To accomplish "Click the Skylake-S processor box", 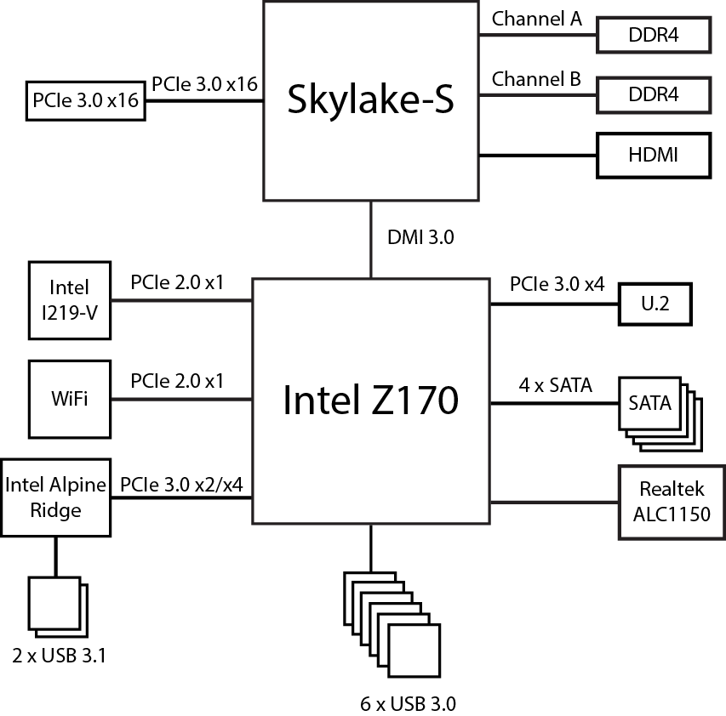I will (x=370, y=100).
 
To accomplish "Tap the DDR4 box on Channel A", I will (x=654, y=35).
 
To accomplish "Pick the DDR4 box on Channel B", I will (x=654, y=94).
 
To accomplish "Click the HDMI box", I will (x=654, y=155).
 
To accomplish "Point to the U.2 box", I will (x=654, y=304).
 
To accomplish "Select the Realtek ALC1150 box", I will (x=672, y=502).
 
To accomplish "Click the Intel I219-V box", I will (x=70, y=300).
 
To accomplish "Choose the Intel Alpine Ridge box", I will (x=56, y=497).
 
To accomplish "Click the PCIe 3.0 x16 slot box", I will (x=85, y=100).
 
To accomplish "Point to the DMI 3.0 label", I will (x=420, y=238).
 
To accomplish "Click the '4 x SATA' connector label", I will (x=556, y=385).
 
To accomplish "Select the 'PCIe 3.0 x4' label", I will (x=557, y=284).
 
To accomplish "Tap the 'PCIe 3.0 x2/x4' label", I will (x=181, y=483).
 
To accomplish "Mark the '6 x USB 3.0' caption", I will (x=409, y=703).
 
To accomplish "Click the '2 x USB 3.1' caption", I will (x=60, y=656).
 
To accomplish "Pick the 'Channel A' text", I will (x=537, y=19).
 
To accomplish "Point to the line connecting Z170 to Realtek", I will (x=554, y=502).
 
